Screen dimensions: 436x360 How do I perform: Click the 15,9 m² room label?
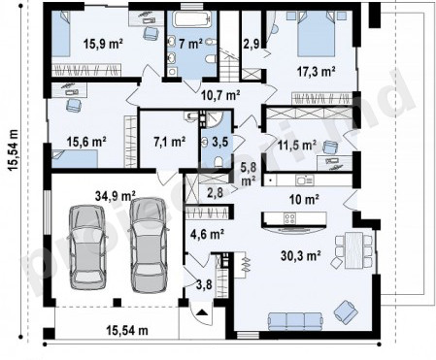(x=103, y=43)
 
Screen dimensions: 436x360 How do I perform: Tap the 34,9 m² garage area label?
(x=116, y=196)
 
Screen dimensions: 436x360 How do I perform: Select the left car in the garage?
(x=87, y=247)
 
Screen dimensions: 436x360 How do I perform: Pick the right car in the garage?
(x=148, y=245)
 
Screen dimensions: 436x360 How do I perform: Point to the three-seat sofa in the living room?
(x=295, y=321)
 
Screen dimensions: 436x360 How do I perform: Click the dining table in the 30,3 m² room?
(x=353, y=249)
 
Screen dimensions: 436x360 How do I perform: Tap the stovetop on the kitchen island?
(x=289, y=218)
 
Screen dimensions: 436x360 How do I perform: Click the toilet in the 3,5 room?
(x=218, y=161)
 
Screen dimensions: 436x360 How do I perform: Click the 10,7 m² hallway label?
(x=220, y=95)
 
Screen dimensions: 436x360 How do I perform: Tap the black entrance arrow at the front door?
(x=202, y=312)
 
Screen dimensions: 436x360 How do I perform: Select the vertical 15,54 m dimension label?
(x=14, y=150)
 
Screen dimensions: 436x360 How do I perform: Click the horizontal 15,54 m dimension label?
(x=127, y=331)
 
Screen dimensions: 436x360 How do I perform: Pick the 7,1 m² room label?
(x=170, y=142)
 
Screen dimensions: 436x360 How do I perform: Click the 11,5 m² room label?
(x=297, y=146)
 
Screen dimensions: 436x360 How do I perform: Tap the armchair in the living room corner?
(x=346, y=311)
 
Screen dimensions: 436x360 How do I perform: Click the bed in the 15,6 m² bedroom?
(x=75, y=158)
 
